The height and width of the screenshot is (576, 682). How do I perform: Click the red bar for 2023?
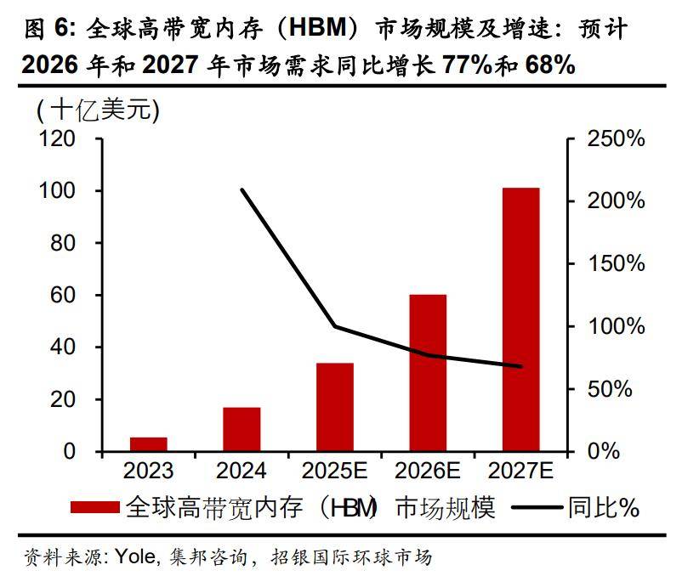[148, 444]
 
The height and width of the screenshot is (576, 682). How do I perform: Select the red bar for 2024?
[242, 429]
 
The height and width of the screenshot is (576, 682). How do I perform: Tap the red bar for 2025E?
[335, 407]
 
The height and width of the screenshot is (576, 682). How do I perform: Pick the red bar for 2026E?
[428, 373]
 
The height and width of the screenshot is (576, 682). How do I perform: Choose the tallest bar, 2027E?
[521, 319]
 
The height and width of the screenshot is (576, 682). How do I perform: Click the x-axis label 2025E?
[335, 471]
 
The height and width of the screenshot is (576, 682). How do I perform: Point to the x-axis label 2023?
[148, 471]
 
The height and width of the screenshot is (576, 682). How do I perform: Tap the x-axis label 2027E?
[521, 471]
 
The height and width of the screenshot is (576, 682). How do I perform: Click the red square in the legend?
[94, 507]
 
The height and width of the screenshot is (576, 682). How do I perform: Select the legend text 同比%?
[604, 507]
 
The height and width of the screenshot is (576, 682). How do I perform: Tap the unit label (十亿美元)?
[98, 109]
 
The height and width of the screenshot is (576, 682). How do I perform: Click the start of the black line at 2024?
[242, 189]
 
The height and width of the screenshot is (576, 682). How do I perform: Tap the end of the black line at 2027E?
[521, 366]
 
